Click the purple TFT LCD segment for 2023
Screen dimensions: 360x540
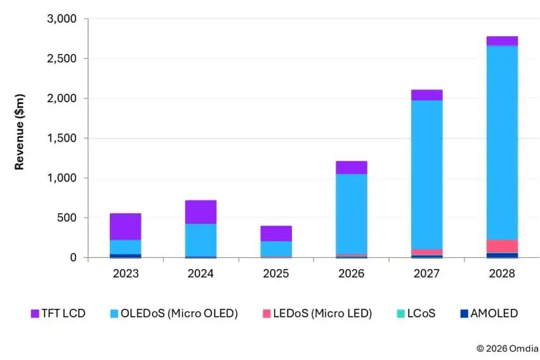tap(126, 227)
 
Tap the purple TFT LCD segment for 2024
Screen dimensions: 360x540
tap(201, 212)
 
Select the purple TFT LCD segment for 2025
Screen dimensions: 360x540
tap(276, 233)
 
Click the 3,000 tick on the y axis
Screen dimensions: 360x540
tap(62, 19)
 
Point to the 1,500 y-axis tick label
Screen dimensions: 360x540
tap(62, 138)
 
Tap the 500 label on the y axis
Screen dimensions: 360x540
tap(67, 218)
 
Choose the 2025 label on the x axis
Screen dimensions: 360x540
tap(276, 274)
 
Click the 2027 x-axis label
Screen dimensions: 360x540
tap(426, 274)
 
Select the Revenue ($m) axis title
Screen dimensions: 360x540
tap(20, 138)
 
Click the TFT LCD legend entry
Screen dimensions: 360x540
tap(58, 313)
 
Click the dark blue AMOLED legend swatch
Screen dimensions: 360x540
tap(463, 313)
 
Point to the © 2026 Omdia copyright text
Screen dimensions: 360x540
tap(507, 348)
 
